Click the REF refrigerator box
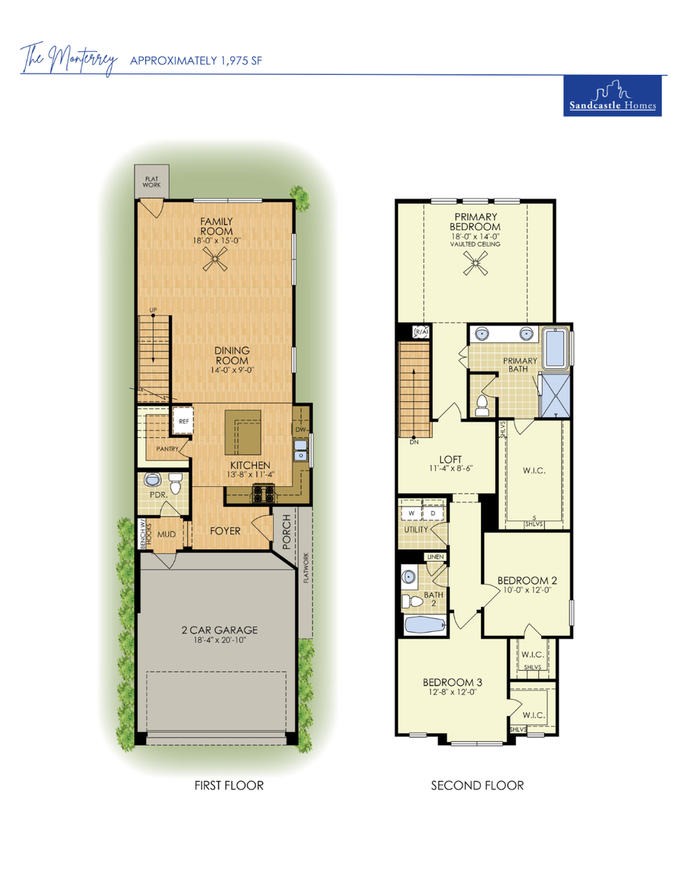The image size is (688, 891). click(183, 421)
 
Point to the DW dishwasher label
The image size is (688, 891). click(300, 430)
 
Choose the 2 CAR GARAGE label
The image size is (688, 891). click(219, 630)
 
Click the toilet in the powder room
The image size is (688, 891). click(176, 484)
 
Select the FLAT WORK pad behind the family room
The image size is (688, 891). click(151, 181)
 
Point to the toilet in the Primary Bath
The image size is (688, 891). click(482, 404)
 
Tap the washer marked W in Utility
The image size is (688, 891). click(412, 513)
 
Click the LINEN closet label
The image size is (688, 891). click(435, 557)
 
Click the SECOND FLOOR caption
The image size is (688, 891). click(477, 785)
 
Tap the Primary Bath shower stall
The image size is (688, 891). click(556, 394)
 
